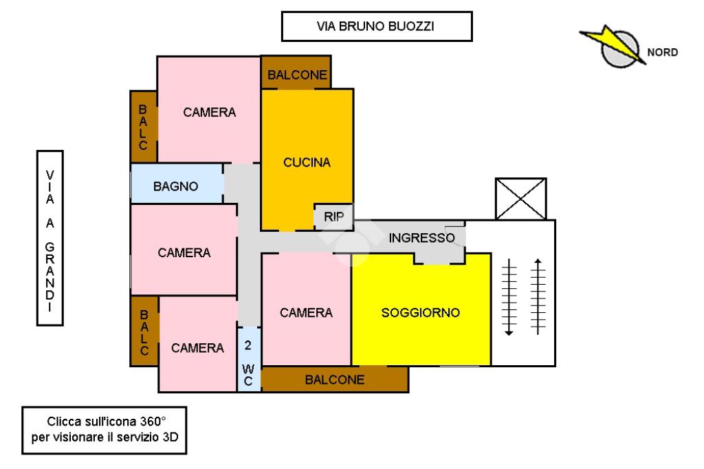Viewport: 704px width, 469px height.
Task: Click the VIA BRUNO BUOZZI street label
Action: (377, 27)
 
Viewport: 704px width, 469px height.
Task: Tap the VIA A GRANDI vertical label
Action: (49, 238)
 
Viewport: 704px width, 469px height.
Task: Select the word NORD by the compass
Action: (662, 52)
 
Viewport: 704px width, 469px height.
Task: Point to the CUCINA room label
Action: (307, 163)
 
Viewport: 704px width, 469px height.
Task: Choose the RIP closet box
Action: (333, 216)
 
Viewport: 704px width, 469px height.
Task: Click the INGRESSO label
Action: (421, 239)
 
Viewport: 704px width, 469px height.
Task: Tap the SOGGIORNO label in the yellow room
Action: (420, 312)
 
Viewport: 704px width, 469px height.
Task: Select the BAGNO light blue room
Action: (176, 186)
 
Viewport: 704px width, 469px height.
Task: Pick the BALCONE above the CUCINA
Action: (296, 75)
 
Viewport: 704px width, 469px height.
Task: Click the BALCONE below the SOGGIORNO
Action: (335, 379)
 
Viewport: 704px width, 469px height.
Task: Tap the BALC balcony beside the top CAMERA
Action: (143, 127)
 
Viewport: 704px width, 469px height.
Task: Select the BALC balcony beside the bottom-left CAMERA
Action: (144, 332)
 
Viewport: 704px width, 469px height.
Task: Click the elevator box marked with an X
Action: (520, 199)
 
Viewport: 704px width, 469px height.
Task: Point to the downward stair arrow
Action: (509, 296)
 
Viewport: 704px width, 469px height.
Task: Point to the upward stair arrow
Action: (538, 295)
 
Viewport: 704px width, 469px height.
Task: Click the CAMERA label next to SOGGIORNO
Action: (306, 312)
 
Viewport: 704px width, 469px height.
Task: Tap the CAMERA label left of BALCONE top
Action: (209, 112)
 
